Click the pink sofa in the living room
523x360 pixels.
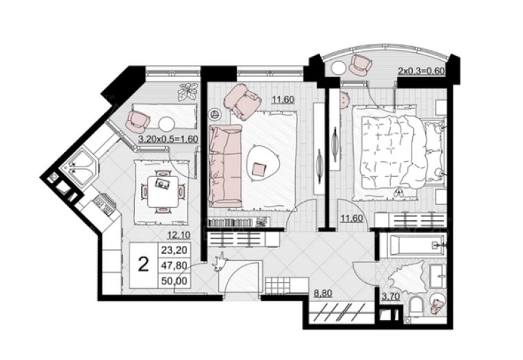[225, 166]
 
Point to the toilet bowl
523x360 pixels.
[416, 306]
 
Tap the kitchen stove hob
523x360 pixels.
[104, 204]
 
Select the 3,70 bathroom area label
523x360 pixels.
[391, 296]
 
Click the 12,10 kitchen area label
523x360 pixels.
[179, 235]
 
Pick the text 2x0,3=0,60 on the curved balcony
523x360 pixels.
[423, 71]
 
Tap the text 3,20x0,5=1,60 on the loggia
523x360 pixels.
[169, 139]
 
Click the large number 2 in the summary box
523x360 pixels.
[143, 265]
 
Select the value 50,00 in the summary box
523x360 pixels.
[174, 281]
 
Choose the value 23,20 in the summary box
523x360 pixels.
[174, 250]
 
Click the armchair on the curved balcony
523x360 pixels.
[360, 65]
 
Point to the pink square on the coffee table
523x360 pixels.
[259, 169]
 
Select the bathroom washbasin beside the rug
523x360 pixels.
[437, 276]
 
